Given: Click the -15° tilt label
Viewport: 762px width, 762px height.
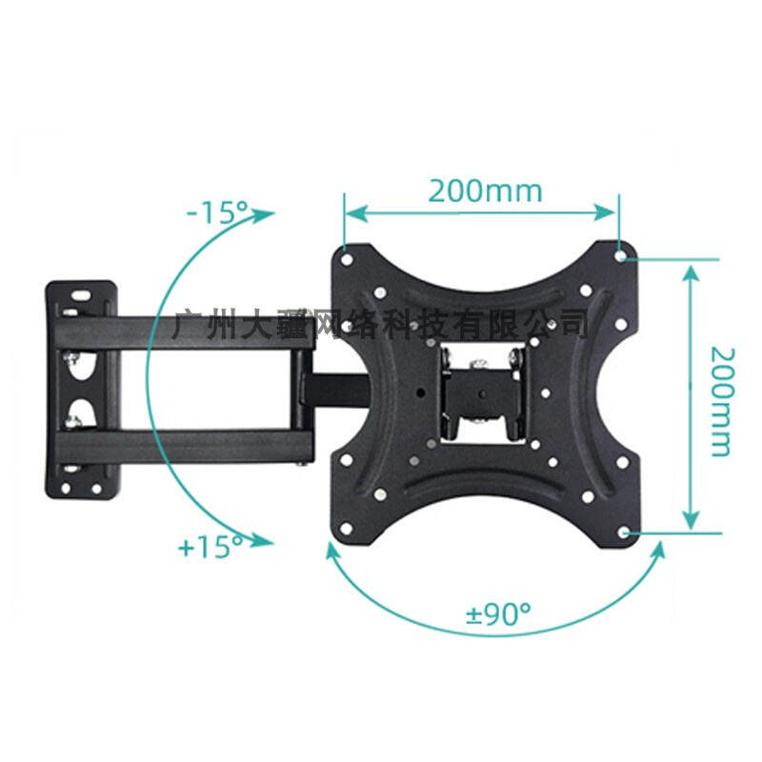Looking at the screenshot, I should (216, 211).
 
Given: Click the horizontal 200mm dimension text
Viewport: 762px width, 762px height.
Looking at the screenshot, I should (485, 190).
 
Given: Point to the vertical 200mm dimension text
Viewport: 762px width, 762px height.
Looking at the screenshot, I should (721, 399).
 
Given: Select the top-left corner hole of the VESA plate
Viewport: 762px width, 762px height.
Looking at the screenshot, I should (345, 254).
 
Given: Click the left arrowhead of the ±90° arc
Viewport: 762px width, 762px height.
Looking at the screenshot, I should (331, 551).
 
